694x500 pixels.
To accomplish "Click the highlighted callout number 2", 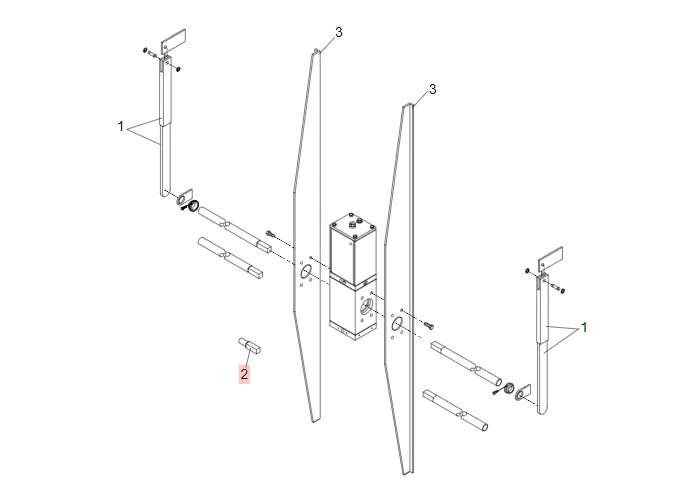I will [243, 375].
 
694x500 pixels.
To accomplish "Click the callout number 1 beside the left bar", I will [121, 127].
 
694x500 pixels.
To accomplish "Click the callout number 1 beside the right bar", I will [584, 327].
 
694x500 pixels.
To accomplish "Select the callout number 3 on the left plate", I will [338, 32].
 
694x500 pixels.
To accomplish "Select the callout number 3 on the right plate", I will [432, 89].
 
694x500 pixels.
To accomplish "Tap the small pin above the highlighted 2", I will [249, 346].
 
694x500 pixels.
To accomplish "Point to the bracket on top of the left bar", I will [173, 42].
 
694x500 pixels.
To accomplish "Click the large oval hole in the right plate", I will [396, 325].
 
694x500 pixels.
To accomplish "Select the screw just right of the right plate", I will [428, 325].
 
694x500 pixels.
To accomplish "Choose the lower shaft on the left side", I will [232, 257].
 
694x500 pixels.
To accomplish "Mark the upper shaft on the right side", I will [466, 363].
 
